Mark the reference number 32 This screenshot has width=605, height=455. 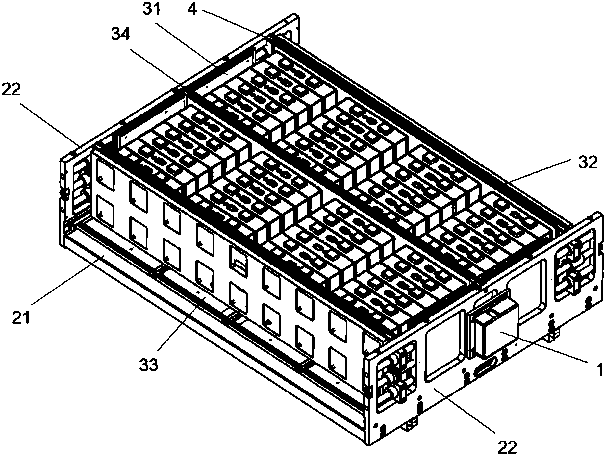pyautogui.click(x=587, y=163)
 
